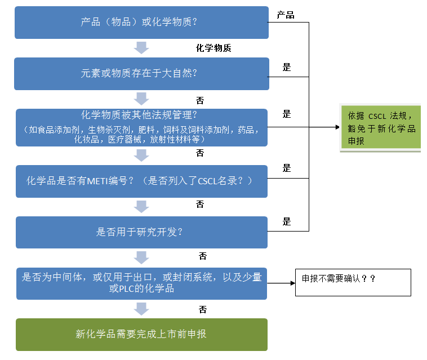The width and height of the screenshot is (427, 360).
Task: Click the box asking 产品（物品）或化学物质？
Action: pyautogui.click(x=141, y=23)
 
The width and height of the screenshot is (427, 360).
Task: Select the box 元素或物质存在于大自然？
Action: pyautogui.click(x=141, y=74)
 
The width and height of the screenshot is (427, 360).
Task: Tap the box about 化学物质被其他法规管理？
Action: pyautogui.click(x=141, y=127)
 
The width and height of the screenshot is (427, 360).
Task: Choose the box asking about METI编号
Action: pyautogui.click(x=141, y=181)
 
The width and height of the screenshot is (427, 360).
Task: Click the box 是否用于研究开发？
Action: pyautogui.click(x=141, y=232)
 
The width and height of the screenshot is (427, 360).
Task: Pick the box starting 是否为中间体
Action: pyautogui.click(x=141, y=283)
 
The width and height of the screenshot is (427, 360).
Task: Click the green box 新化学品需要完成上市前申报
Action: pyautogui.click(x=141, y=334)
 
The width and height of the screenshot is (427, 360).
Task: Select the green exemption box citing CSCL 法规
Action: pyautogui.click(x=381, y=128)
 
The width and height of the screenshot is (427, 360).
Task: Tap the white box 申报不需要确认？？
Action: pyautogui.click(x=353, y=282)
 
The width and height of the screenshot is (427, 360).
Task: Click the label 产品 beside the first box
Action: pyautogui.click(x=286, y=15)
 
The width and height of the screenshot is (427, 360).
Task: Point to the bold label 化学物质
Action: pyautogui.click(x=213, y=48)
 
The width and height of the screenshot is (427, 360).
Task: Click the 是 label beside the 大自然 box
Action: pyautogui.click(x=287, y=68)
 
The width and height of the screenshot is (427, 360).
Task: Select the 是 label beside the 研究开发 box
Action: pyautogui.click(x=287, y=221)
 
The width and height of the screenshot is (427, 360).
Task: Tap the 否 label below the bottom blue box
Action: pyautogui.click(x=203, y=309)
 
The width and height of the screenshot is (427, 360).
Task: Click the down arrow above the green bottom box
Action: pyautogui.click(x=141, y=309)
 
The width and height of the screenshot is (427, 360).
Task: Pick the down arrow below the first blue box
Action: pyautogui.click(x=141, y=47)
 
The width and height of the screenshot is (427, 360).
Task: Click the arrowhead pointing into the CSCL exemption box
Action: pyautogui.click(x=336, y=127)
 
